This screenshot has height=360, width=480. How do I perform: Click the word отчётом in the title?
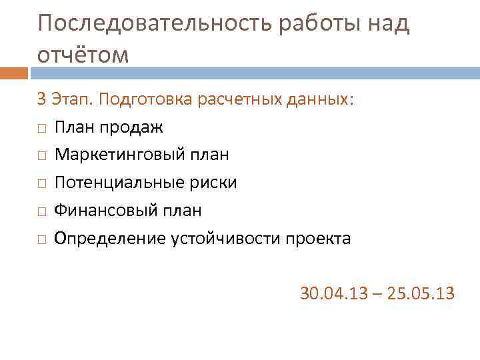click(x=83, y=55)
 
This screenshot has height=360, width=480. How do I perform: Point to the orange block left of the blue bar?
click(x=13, y=73)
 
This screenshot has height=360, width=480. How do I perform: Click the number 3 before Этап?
click(x=41, y=99)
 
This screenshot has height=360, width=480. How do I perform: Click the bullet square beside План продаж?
click(x=41, y=128)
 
